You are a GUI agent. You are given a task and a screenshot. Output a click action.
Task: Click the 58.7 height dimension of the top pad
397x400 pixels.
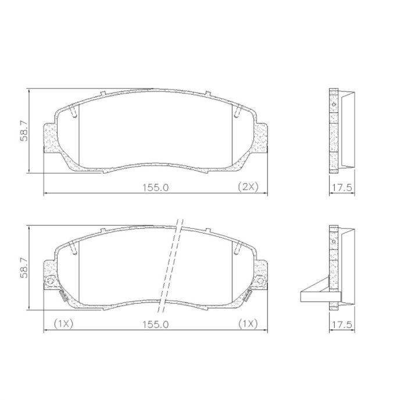click(24, 131)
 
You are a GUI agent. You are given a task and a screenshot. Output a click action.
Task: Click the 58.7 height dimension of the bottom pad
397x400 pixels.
click(24, 268)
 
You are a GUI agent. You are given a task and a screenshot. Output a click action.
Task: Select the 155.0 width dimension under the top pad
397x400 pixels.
click(155, 188)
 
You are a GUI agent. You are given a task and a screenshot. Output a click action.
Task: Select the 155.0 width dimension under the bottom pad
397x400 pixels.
click(155, 325)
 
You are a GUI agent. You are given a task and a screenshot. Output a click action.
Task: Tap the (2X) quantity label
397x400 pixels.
click(248, 187)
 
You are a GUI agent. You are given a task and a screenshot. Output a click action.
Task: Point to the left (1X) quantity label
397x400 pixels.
click(63, 324)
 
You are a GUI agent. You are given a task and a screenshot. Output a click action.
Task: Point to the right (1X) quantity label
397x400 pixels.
click(248, 324)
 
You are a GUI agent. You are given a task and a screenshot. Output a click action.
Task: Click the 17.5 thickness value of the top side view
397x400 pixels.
click(342, 188)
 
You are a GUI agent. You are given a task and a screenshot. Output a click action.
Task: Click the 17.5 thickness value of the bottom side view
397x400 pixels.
click(342, 325)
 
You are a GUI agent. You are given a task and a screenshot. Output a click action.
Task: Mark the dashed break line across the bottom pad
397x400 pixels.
click(170, 265)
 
